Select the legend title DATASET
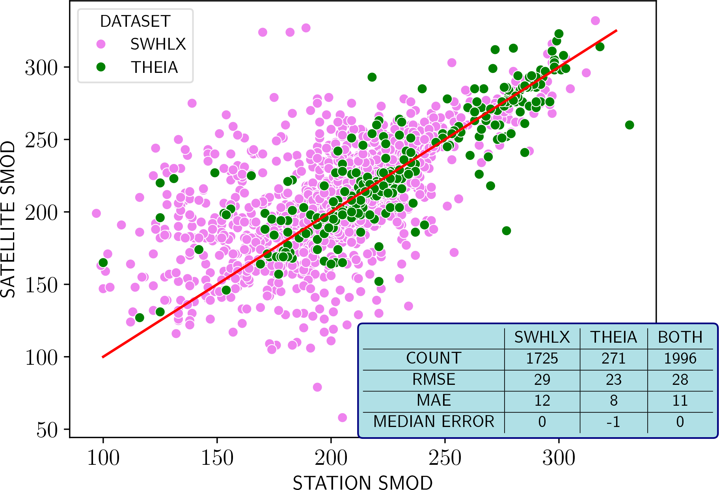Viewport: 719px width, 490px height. (135, 21)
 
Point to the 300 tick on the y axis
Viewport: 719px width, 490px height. (41, 67)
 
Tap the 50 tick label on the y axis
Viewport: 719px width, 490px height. (47, 430)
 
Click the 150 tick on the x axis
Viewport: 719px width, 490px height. (217, 458)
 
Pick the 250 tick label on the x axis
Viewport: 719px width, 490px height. (445, 458)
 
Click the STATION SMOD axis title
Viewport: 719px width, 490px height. (363, 483)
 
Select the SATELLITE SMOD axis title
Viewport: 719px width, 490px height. (8, 219)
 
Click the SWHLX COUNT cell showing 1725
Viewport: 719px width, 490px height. (542, 358)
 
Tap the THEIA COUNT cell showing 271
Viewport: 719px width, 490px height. (613, 358)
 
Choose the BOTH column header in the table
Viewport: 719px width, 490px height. (680, 337)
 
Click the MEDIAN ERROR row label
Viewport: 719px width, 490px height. (434, 421)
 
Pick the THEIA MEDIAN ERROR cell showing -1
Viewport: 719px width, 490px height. (613, 422)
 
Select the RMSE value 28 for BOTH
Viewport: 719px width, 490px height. (680, 380)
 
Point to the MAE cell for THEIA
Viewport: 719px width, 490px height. (613, 401)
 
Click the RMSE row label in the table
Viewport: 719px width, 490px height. (434, 380)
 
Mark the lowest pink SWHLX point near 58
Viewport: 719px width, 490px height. (342, 418)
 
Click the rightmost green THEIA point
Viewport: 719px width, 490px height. (630, 125)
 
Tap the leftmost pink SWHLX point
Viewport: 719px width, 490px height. (96, 213)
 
